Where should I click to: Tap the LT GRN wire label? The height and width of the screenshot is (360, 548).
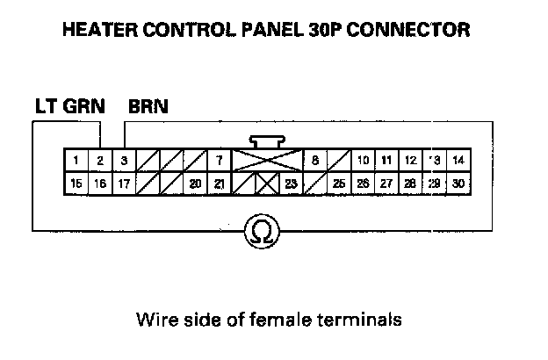69,108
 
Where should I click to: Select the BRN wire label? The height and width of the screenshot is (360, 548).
148,108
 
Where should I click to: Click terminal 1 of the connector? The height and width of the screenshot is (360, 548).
77,161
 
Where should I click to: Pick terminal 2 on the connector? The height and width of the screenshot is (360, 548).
101,161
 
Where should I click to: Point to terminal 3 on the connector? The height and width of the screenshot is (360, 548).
124,161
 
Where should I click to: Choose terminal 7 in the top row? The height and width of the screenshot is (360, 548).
219,161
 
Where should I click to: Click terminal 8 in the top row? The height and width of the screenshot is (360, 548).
314,161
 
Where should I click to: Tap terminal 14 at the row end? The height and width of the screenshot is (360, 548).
458,161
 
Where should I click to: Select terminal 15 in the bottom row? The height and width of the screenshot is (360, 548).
77,184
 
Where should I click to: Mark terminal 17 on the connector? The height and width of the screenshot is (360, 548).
124,184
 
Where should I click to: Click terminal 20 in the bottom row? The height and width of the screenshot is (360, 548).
195,184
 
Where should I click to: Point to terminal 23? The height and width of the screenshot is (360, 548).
291,184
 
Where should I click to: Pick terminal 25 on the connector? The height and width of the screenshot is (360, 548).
338,184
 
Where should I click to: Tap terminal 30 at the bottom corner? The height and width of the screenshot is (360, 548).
458,184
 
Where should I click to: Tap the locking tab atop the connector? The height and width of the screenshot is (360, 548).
266,140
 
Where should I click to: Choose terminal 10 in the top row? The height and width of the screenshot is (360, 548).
362,161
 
